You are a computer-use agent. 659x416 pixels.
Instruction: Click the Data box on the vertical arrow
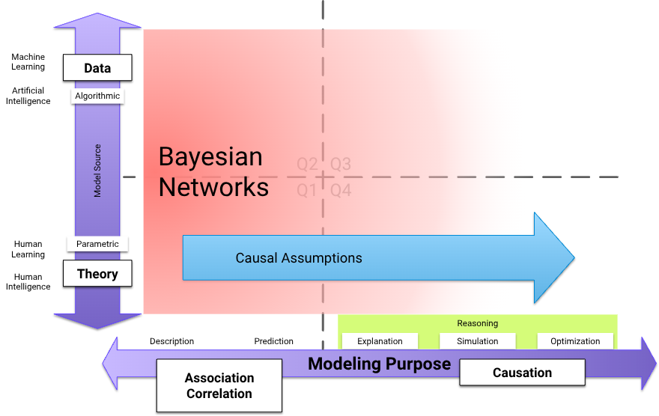(97, 68)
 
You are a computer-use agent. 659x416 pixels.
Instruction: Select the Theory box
(97, 274)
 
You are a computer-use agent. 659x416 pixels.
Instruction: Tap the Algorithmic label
(97, 96)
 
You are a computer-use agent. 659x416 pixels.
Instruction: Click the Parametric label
(97, 244)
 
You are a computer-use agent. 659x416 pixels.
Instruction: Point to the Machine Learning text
(28, 62)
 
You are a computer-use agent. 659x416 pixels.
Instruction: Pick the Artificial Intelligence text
(28, 96)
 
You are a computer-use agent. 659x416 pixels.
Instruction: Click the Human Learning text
(28, 249)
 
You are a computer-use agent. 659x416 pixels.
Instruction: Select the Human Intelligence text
(28, 282)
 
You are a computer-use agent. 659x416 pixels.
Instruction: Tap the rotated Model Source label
(97, 171)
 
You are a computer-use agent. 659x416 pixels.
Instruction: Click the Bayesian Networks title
(213, 172)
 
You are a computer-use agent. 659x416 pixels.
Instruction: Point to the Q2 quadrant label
(307, 164)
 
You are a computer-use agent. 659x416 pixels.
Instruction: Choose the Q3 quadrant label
(341, 164)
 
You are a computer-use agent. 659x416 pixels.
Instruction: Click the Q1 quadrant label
(307, 191)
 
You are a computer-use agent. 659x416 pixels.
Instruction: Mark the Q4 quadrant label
(341, 191)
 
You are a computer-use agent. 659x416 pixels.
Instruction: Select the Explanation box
(380, 341)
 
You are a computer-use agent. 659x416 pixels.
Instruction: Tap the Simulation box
(478, 341)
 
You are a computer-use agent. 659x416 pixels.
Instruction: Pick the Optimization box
(575, 341)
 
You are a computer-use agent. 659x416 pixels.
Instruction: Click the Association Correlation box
(219, 385)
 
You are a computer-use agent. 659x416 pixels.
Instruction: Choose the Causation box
(522, 373)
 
